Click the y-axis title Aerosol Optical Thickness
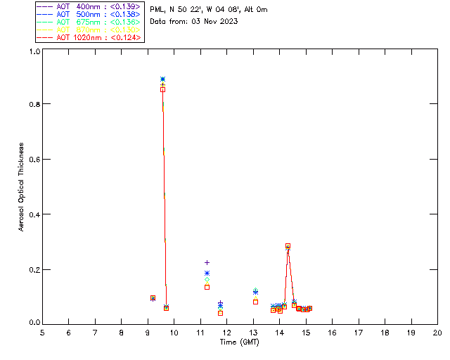tap(22, 186)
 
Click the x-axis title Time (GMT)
tap(240, 342)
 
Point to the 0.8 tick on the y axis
tap(33, 104)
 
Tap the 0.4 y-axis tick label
tap(33, 214)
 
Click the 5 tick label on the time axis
tap(42, 333)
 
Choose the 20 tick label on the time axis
tap(437, 333)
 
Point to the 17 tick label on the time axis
tap(359, 333)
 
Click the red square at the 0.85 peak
tap(162, 89)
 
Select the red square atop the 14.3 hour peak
tap(288, 246)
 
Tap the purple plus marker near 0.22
tap(207, 262)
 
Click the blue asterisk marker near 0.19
tap(207, 273)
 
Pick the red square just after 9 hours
tap(153, 298)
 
